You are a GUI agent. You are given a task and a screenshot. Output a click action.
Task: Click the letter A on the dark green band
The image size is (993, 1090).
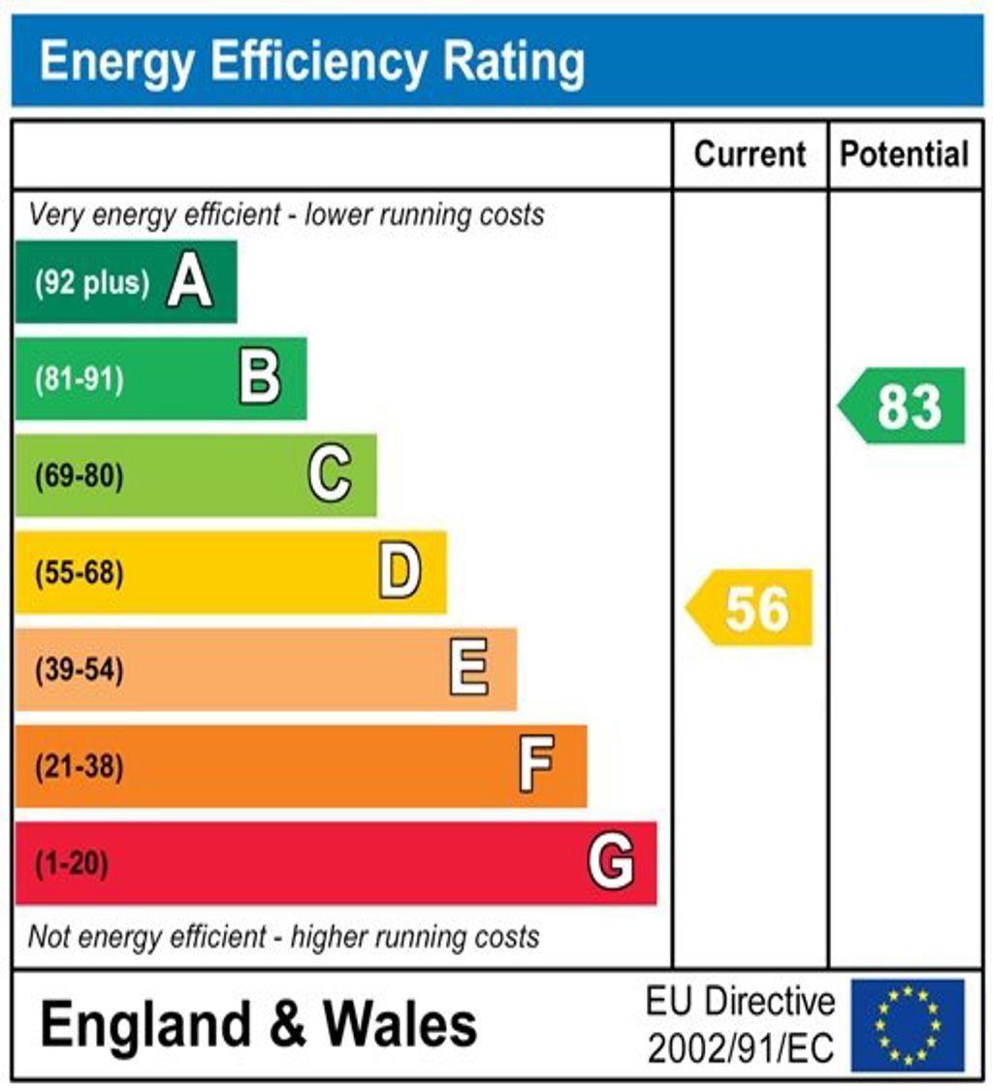click(189, 283)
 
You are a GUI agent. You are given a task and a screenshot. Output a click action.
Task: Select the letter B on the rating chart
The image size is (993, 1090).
click(260, 378)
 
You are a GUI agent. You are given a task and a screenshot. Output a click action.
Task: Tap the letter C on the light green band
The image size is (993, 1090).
click(330, 475)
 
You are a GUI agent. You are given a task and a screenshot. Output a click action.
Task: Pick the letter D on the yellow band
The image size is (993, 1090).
click(400, 572)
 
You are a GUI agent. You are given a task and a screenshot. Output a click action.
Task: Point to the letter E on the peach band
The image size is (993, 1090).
click(469, 669)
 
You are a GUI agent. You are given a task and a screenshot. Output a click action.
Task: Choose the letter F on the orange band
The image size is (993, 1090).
click(536, 765)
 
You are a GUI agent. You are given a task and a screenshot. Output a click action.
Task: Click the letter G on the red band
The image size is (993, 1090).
click(611, 862)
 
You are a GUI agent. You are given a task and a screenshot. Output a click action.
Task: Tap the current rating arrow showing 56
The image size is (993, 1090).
click(750, 608)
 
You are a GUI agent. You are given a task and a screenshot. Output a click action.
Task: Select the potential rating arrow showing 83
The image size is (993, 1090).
click(903, 405)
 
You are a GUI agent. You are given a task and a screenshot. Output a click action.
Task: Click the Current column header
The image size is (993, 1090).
click(750, 154)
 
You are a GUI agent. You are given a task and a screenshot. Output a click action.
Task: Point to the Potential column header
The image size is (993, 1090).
click(904, 154)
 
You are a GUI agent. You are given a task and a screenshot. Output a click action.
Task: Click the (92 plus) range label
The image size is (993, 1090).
click(92, 283)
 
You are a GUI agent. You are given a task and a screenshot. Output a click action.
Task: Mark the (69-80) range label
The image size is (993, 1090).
click(80, 476)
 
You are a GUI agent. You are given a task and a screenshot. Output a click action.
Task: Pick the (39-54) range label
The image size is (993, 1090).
click(80, 670)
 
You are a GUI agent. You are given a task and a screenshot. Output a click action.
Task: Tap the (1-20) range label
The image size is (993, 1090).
click(72, 863)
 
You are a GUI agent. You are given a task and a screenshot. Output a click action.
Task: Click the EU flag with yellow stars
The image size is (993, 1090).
click(908, 1025)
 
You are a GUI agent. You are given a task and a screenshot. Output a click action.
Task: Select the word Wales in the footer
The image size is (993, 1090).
click(400, 1025)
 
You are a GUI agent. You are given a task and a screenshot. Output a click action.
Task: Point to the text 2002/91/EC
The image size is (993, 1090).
click(740, 1048)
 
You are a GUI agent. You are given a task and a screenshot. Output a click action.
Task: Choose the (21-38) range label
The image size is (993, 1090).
click(80, 767)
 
